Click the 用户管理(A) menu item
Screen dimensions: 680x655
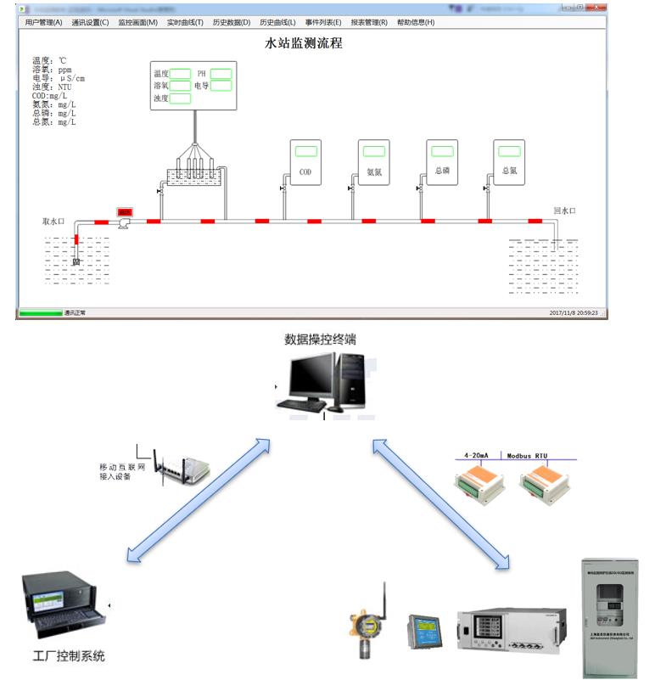[x=43, y=22]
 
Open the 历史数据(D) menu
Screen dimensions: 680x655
[x=232, y=22]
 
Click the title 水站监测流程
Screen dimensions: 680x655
[x=304, y=43]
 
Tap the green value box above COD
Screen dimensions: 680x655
[x=305, y=151]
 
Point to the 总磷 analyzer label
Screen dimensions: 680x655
[x=441, y=171]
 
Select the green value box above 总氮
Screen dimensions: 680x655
[x=509, y=151]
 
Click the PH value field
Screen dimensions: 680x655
[x=221, y=74]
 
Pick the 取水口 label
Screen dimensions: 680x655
[x=54, y=221]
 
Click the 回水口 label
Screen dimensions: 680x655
[x=564, y=211]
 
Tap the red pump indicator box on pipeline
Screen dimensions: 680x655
[x=125, y=211]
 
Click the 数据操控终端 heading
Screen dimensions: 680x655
[x=320, y=340]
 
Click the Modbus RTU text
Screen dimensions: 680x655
[x=535, y=455]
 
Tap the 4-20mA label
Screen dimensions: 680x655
[x=479, y=455]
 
